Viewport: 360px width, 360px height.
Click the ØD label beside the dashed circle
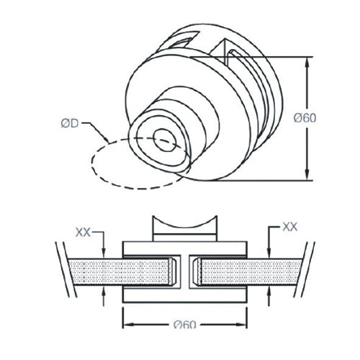tap(70, 123)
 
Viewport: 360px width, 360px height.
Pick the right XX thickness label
tap(289, 226)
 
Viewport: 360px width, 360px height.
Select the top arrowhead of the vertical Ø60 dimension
tap(309, 63)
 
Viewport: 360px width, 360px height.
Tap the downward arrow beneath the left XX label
tap(104, 252)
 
